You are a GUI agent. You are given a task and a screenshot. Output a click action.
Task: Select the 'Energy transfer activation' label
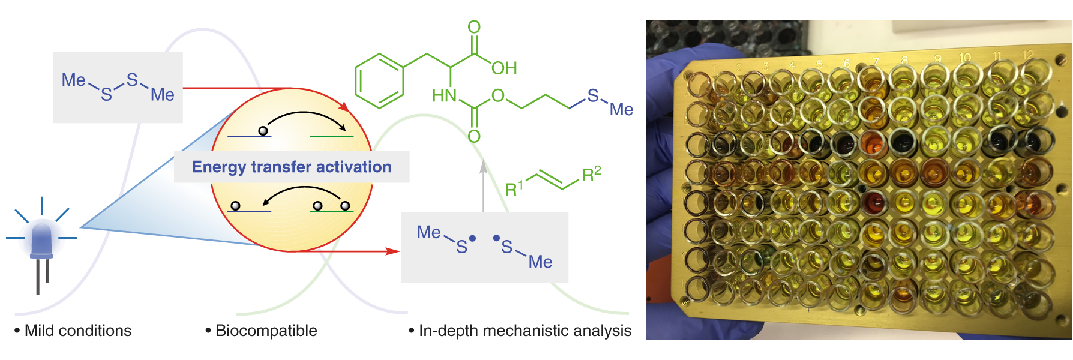292,167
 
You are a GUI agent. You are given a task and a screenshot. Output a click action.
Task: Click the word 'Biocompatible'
266,331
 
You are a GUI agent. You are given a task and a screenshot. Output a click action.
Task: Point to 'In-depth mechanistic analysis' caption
524,331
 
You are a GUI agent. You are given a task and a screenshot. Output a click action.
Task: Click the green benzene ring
379,81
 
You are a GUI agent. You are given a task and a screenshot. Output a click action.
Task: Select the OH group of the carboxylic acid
504,68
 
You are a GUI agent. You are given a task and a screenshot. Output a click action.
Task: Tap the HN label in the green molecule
445,96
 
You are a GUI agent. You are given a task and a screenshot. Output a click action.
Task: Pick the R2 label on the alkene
591,175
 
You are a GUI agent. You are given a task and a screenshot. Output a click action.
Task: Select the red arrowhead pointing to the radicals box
393,251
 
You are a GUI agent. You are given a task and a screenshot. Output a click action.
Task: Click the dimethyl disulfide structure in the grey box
118,88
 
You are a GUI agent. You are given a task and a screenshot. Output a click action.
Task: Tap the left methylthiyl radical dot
473,238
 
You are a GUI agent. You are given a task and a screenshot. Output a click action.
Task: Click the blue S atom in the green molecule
593,95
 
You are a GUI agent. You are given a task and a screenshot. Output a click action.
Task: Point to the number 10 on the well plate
964,58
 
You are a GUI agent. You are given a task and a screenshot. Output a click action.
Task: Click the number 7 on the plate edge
876,61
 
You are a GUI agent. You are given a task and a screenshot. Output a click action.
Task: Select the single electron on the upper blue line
262,131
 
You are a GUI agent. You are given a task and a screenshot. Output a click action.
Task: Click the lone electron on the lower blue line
235,206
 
